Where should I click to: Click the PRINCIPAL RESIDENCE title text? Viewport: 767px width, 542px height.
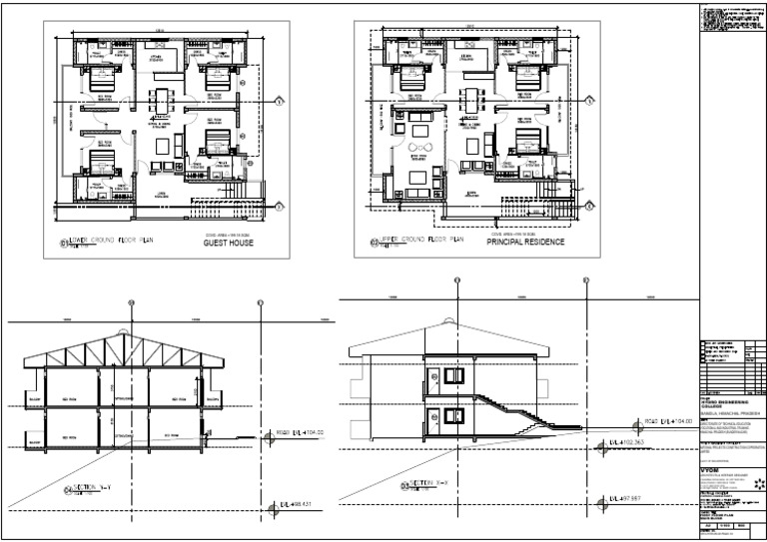[x=525, y=243]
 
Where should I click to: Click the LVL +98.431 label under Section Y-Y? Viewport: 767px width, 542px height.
[x=296, y=506]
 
